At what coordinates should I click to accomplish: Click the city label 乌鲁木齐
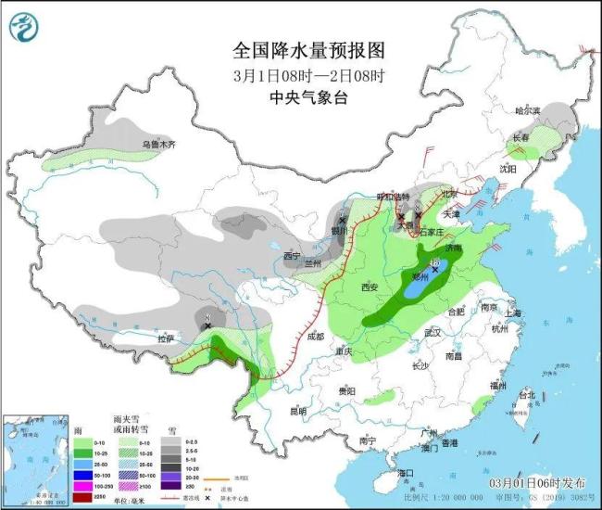coord(157,145)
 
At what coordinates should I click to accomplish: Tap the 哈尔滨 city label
coord(529,109)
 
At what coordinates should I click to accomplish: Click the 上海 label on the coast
coord(514,313)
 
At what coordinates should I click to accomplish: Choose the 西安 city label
coord(370,287)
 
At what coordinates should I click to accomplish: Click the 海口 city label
coord(405,473)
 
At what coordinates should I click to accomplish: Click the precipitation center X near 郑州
coord(434,268)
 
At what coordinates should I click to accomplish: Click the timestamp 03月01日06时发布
coord(537,483)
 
